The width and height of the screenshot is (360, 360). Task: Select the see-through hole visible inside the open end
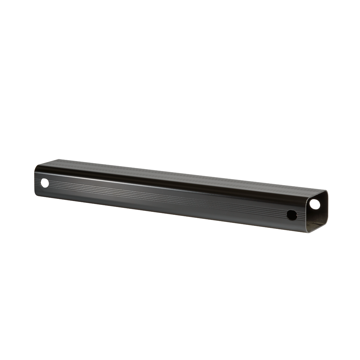[x=315, y=204]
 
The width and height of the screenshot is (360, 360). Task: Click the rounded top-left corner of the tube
[x=37, y=166]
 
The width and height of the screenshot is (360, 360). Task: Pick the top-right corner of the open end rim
[x=327, y=192]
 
